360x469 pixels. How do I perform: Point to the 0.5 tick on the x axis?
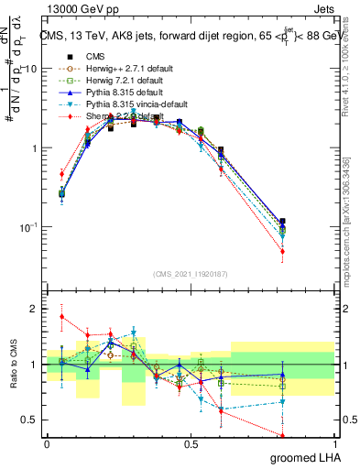click(x=192, y=445)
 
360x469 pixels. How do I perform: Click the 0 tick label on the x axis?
click(x=47, y=445)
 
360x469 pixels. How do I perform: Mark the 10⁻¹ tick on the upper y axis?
click(x=29, y=227)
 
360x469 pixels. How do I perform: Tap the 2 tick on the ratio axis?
click(x=36, y=309)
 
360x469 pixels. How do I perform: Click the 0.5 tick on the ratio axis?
click(x=32, y=420)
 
